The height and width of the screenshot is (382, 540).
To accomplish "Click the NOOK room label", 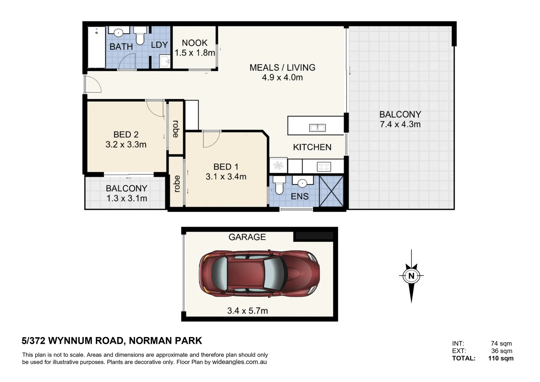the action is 194,43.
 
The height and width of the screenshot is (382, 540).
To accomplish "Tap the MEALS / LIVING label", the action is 282,68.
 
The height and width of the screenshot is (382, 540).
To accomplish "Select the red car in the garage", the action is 259,273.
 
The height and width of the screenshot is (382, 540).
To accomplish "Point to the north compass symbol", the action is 411,276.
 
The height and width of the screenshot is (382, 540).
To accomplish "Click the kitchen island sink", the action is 317,128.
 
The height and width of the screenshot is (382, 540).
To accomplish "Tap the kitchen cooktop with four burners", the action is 324,167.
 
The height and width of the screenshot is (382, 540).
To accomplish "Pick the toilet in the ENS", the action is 279,185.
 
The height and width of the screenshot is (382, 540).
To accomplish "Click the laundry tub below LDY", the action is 165,61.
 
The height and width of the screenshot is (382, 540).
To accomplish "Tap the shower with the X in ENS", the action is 331,191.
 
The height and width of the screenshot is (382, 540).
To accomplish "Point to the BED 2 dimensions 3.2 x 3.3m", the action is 126,145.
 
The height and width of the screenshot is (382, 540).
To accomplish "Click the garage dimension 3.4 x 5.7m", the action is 248,311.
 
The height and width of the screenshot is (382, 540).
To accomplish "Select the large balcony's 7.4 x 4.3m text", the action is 400,124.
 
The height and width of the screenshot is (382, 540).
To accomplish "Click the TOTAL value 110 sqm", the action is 501,358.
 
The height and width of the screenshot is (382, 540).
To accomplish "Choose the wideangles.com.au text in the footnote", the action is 239,362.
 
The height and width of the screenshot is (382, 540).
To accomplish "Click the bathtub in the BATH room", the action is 96,47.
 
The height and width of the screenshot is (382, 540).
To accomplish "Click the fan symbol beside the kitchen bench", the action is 278,166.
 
